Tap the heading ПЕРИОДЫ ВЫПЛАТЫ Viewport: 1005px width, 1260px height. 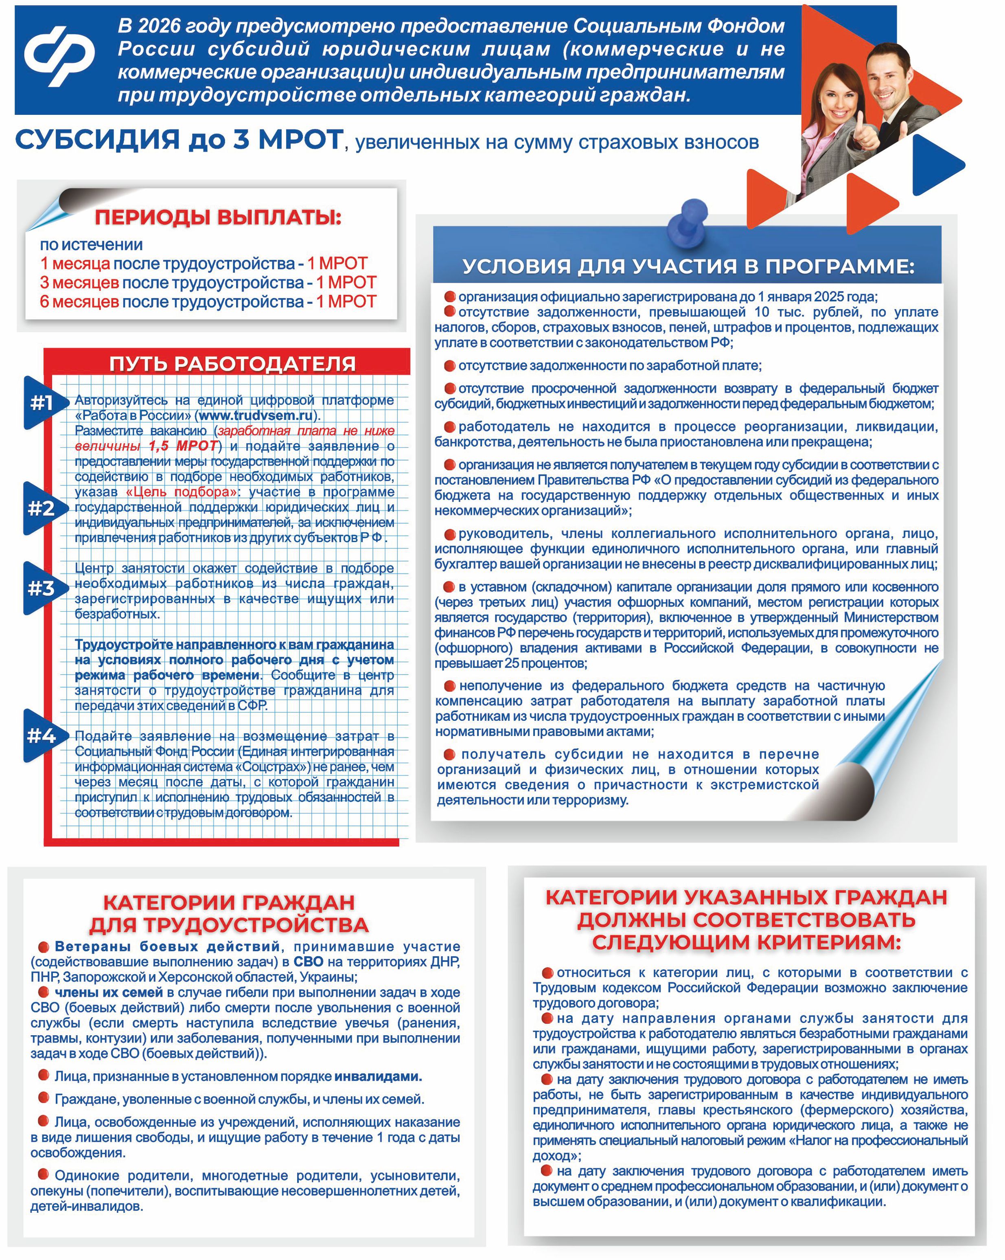pyautogui.click(x=218, y=217)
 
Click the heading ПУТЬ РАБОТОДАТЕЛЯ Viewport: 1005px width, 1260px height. pyautogui.click(x=232, y=364)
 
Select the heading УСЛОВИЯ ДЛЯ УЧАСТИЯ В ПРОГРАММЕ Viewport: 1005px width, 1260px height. pyautogui.click(x=688, y=266)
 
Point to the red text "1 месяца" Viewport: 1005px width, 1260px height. pyautogui.click(x=75, y=263)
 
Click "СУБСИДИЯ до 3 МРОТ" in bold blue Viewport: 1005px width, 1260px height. pyautogui.click(x=178, y=140)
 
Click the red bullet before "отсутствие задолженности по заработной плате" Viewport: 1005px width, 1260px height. pyautogui.click(x=449, y=366)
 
